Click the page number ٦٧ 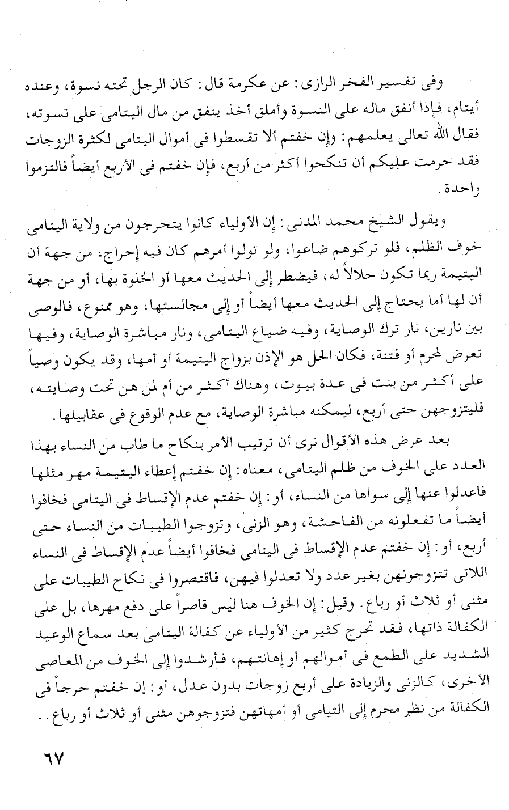pyautogui.click(x=50, y=757)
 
